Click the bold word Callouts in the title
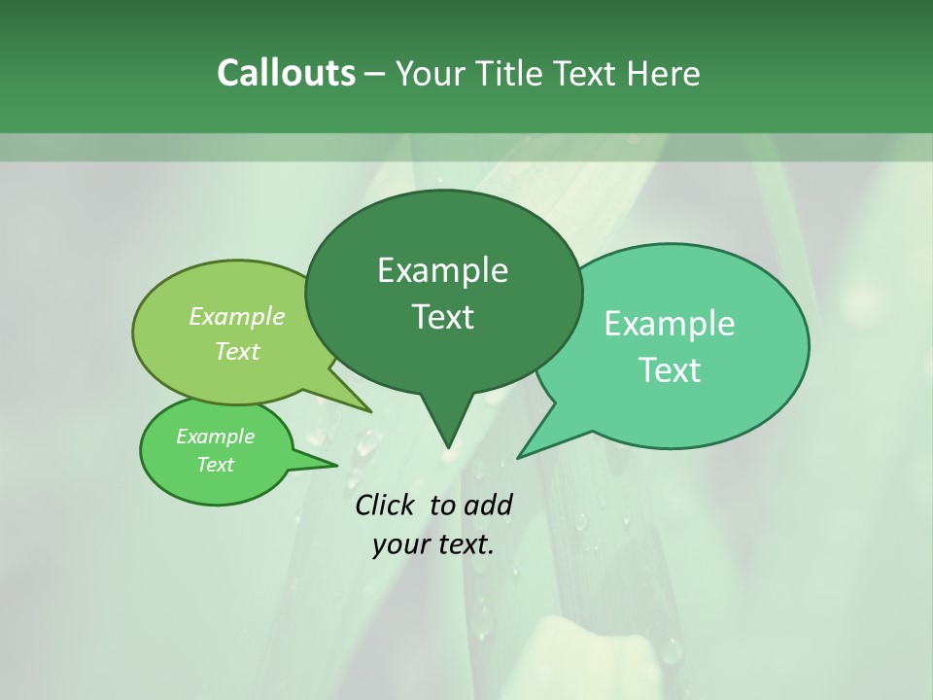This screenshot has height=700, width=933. pyautogui.click(x=286, y=73)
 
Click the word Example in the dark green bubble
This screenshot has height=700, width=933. pyautogui.click(x=442, y=270)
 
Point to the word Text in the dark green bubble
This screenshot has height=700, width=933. pyautogui.click(x=442, y=317)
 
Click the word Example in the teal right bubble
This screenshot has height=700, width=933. pyautogui.click(x=670, y=324)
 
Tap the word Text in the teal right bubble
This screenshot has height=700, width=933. pyautogui.click(x=670, y=370)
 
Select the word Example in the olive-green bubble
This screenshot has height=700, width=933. pyautogui.click(x=237, y=317)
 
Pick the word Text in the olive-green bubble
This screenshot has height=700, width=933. pyautogui.click(x=237, y=351)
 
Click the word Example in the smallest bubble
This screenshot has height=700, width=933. pyautogui.click(x=215, y=437)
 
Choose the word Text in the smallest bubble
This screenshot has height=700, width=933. pyautogui.click(x=215, y=465)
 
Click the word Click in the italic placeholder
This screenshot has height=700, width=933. pyautogui.click(x=386, y=505)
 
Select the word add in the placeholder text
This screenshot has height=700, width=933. pyautogui.click(x=488, y=505)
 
